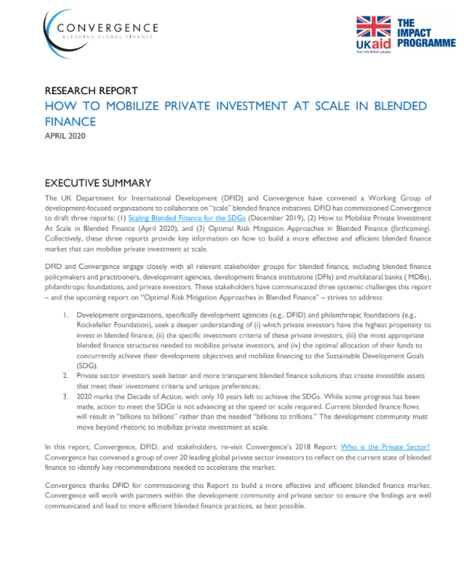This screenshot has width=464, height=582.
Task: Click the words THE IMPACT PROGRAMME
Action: click(x=427, y=34)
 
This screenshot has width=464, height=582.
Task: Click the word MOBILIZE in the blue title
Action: click(x=144, y=106)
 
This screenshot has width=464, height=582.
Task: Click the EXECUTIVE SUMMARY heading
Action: click(x=98, y=183)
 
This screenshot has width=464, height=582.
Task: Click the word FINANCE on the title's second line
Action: click(x=70, y=120)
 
